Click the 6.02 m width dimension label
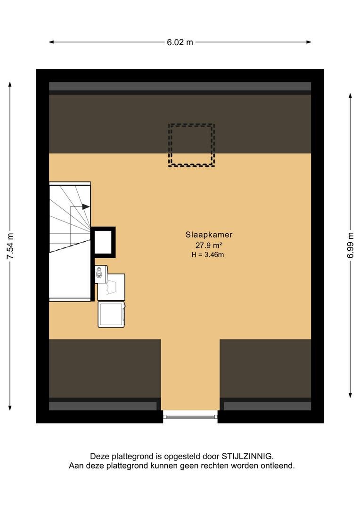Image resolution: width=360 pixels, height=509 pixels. [180, 42]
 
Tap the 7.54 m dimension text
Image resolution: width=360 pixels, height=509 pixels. [10, 246]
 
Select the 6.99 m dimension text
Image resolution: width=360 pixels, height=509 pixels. [350, 245]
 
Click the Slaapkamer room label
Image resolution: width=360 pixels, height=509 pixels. [209, 235]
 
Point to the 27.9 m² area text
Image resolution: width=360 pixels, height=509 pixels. [209, 245]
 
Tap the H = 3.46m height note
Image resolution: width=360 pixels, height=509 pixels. [207, 255]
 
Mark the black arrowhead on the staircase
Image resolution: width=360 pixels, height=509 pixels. [86, 206]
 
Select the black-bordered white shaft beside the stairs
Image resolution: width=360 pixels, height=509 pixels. [103, 242]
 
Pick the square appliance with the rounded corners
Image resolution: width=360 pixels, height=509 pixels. [111, 314]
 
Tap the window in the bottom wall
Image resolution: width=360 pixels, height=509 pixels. [190, 415]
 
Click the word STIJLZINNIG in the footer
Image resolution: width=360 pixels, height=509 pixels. [247, 456]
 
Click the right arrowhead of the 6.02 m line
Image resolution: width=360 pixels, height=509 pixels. [309, 42]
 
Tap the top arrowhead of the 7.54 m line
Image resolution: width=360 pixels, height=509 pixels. [10, 84]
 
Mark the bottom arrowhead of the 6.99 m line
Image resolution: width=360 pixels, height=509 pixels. [350, 395]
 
